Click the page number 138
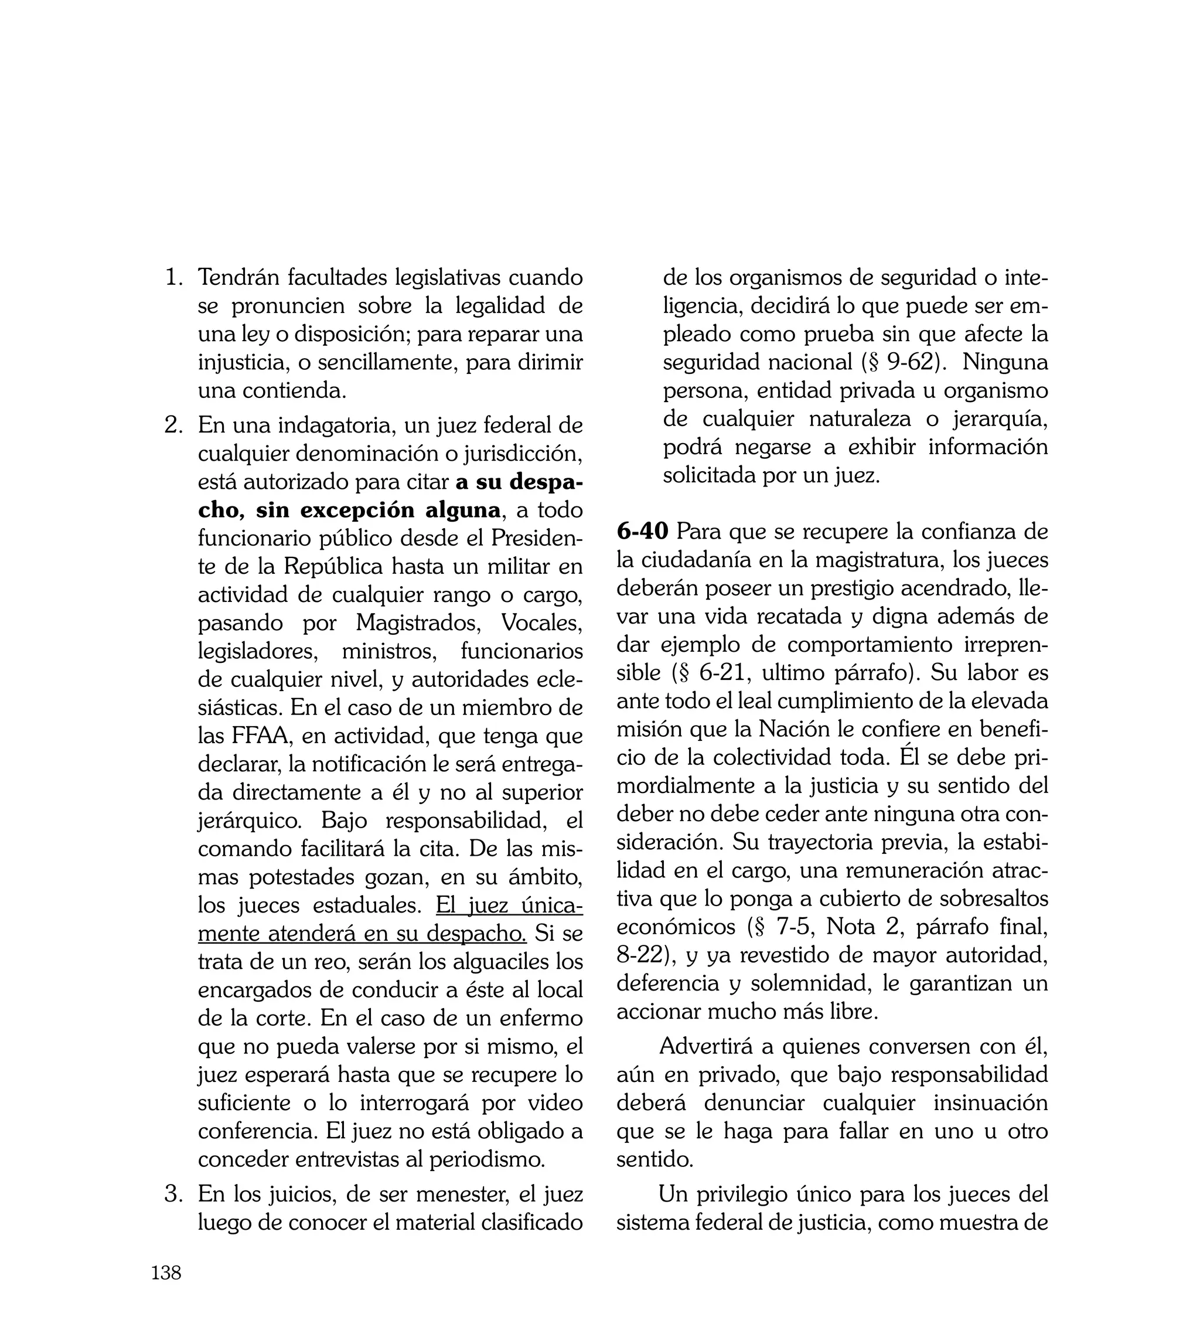(x=166, y=1272)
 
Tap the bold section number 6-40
(x=642, y=532)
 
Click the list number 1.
(x=173, y=278)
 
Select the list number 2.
(x=173, y=426)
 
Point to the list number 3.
(x=173, y=1194)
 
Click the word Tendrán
(x=238, y=278)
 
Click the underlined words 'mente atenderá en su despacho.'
(x=362, y=934)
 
